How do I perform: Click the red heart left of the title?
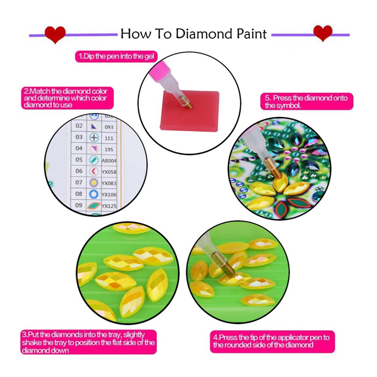pyautogui.click(x=55, y=34)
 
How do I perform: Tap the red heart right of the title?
pyautogui.click(x=323, y=33)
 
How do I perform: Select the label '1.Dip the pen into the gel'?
pyautogui.click(x=116, y=57)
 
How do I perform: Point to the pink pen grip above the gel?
pyautogui.click(x=159, y=71)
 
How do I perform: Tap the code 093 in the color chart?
pyautogui.click(x=109, y=127)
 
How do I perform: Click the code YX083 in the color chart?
pyautogui.click(x=109, y=183)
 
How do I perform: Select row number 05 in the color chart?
pyautogui.click(x=79, y=159)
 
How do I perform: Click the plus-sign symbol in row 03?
pyautogui.click(x=94, y=138)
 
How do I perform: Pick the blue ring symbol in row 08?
pyautogui.click(x=94, y=194)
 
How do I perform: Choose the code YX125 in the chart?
pyautogui.click(x=109, y=206)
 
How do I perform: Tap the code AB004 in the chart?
pyautogui.click(x=109, y=161)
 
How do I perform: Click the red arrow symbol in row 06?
pyautogui.click(x=94, y=171)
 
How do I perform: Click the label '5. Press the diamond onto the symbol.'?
pyautogui.click(x=307, y=101)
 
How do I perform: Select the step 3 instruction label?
pyautogui.click(x=89, y=342)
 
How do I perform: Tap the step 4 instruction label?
pyautogui.click(x=272, y=342)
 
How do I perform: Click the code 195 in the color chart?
pyautogui.click(x=109, y=150)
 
